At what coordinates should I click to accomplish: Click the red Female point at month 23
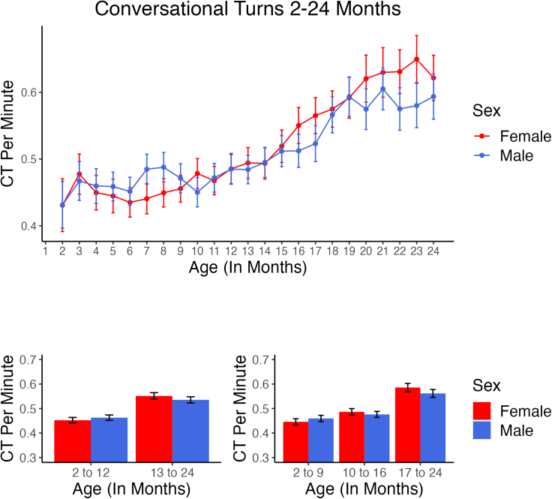[416, 59]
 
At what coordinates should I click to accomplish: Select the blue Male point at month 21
[382, 89]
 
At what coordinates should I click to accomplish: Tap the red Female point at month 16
[298, 126]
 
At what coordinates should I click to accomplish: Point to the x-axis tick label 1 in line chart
[46, 251]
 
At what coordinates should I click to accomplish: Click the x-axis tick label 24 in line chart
[433, 251]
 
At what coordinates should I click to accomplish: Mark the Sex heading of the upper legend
[487, 111]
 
